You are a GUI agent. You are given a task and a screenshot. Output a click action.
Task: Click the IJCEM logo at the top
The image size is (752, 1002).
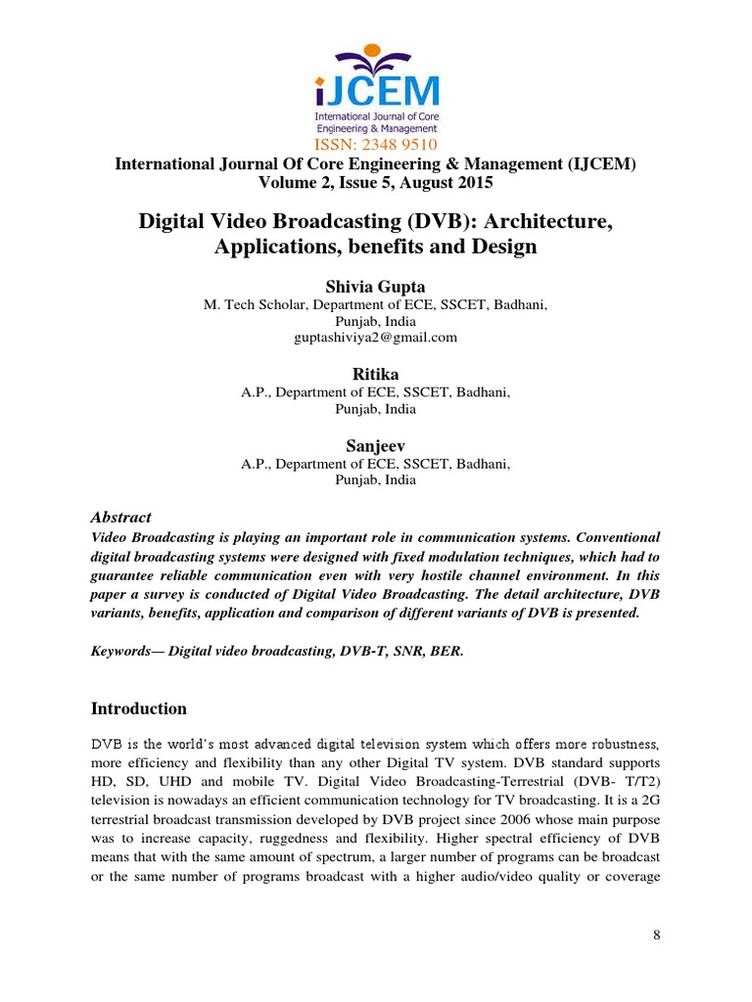[x=375, y=87]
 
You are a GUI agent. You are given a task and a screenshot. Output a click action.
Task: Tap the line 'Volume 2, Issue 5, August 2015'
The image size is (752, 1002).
[x=375, y=182]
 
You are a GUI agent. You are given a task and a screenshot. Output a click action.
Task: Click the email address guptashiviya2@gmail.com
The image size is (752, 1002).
[x=375, y=338]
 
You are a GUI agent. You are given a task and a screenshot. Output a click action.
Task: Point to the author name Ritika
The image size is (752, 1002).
[x=375, y=374]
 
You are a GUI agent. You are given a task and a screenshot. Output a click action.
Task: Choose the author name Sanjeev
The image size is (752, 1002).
[x=375, y=445]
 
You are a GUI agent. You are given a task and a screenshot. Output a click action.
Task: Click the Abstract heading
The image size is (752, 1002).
[x=120, y=517]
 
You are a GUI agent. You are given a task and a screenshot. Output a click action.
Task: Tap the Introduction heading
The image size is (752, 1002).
[x=138, y=708]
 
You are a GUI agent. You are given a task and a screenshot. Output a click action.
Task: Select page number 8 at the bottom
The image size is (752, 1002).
[x=657, y=935]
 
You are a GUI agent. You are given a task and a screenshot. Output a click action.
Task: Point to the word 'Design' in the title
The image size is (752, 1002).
[x=505, y=246]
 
